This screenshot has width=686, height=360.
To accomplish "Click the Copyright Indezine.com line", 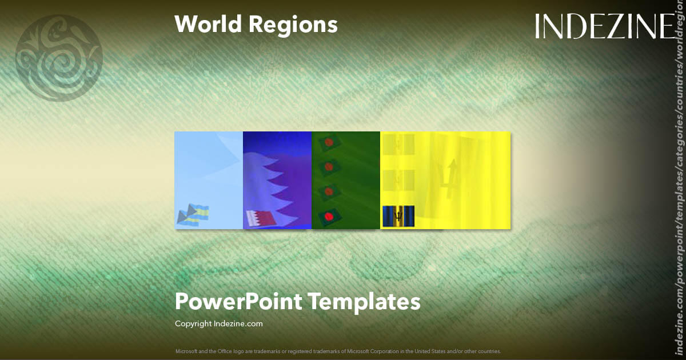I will [x=219, y=324].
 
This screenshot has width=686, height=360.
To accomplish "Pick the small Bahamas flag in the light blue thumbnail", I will [x=194, y=215].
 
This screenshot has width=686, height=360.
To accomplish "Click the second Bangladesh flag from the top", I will [x=329, y=167].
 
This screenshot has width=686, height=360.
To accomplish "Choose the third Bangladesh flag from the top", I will [x=329, y=192].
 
